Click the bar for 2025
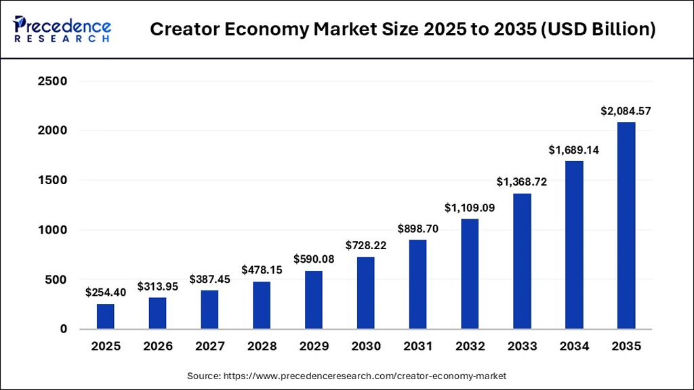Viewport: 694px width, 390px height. click(x=106, y=316)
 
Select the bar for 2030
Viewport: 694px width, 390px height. click(x=366, y=292)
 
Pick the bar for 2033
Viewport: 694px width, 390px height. click(x=522, y=261)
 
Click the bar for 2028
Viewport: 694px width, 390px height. click(x=262, y=305)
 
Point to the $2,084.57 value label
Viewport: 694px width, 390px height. click(x=626, y=111)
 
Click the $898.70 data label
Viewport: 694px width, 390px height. click(x=418, y=229)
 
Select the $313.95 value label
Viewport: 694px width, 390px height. click(x=158, y=286)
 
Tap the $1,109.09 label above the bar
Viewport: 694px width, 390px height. click(x=470, y=208)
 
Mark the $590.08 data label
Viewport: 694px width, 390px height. click(x=314, y=259)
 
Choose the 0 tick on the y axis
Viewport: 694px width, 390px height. click(x=64, y=329)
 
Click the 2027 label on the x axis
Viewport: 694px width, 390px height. click(x=210, y=347)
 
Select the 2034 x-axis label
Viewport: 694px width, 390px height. click(x=574, y=347)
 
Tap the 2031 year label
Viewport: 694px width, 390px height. click(x=418, y=347)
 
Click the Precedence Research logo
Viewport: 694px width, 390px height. click(x=62, y=29)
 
